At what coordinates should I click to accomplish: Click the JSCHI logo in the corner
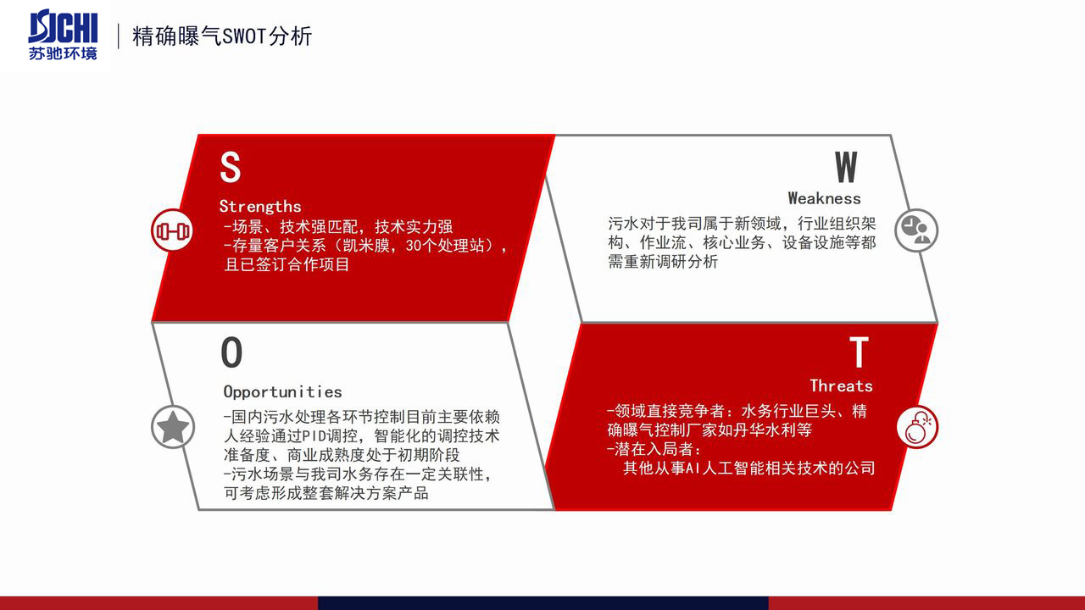tap(63, 35)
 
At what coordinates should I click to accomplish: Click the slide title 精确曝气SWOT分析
tap(222, 36)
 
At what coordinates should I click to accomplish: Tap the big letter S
tap(230, 167)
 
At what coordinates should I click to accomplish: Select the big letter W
tap(846, 167)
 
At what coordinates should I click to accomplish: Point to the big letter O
tap(231, 352)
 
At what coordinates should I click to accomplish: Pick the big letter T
tap(859, 352)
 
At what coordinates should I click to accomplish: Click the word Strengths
tap(260, 207)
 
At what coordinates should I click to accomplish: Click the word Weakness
tap(825, 198)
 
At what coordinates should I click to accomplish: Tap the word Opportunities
tap(282, 391)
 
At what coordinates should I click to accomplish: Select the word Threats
tap(842, 385)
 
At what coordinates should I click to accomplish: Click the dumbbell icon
tap(172, 230)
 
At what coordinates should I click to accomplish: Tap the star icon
tap(173, 427)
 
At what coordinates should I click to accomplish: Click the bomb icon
tap(917, 427)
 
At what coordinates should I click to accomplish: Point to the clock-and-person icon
tap(916, 230)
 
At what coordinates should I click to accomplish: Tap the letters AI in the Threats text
tap(693, 469)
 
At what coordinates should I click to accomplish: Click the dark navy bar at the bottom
tap(543, 603)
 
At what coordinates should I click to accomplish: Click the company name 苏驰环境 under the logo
tap(63, 53)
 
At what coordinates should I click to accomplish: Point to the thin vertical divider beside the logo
tap(118, 36)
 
